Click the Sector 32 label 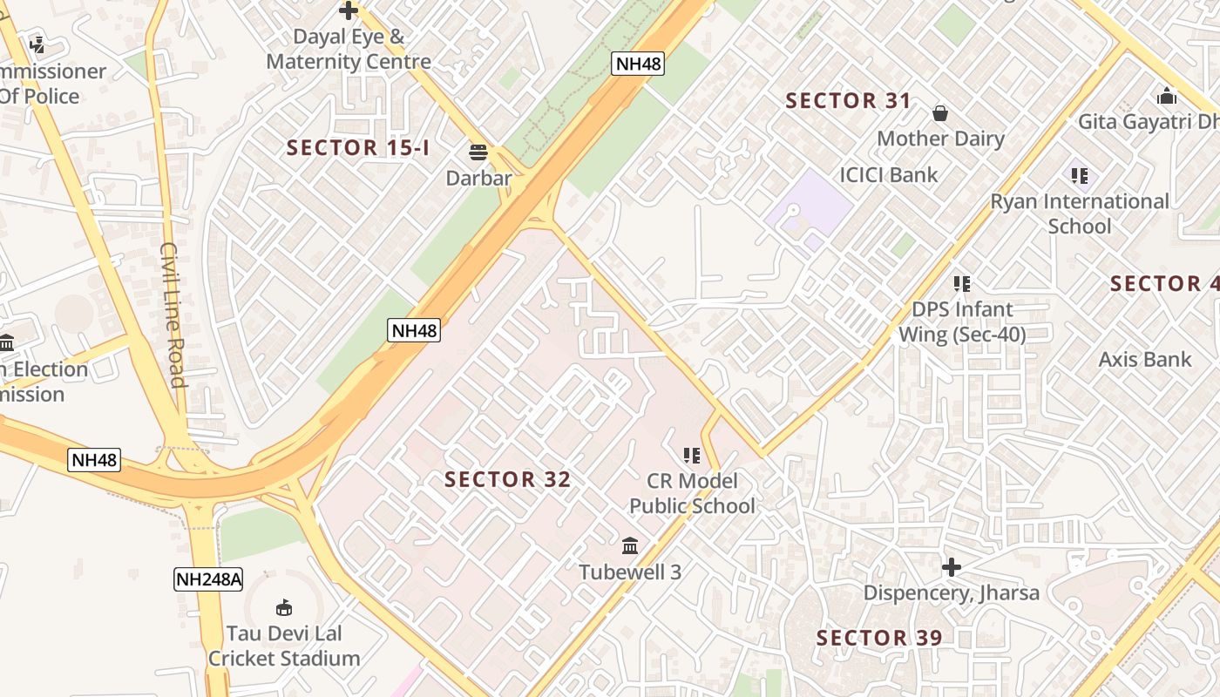coord(507,479)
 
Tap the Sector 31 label coord(848,101)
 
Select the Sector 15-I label coord(358,148)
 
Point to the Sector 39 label coord(879,638)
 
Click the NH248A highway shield coord(207,579)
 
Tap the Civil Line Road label coord(172,315)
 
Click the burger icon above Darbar coord(478,152)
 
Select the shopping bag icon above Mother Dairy coord(940,113)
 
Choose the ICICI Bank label coord(889,175)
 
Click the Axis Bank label coord(1145,359)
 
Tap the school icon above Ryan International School coord(1080,176)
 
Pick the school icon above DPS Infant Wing coord(961,283)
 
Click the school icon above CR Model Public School coord(692,455)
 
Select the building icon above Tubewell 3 coord(630,546)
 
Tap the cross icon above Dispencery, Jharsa coord(951,568)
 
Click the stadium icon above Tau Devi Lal coord(283,607)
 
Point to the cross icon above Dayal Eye coord(349,11)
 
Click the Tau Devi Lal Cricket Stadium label coord(284,646)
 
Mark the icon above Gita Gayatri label coord(1167,96)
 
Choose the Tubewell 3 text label coord(630,572)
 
